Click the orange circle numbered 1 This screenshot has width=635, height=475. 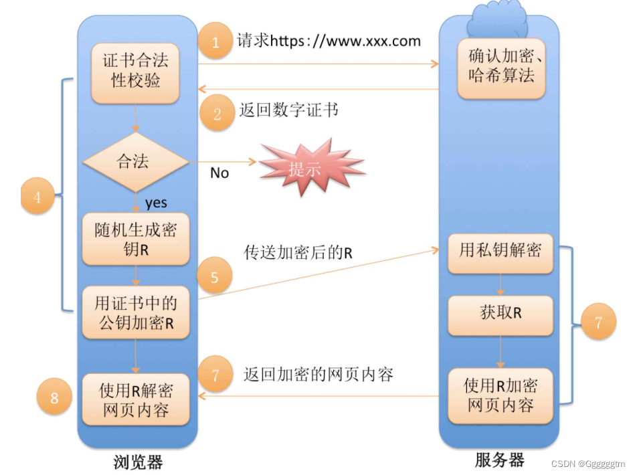pos(215,42)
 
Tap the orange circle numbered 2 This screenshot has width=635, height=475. pos(216,113)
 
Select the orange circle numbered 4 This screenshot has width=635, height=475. pos(37,198)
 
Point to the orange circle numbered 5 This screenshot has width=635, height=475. pos(215,277)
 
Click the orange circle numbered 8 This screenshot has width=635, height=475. pos(54,399)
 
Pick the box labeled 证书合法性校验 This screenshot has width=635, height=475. pos(135,71)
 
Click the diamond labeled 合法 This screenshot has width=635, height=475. pos(134,161)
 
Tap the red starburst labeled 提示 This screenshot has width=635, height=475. pos(304,169)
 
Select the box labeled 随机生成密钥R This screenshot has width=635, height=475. pos(135,239)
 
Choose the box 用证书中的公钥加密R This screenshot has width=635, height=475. pos(135,313)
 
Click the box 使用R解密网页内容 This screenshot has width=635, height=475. pos(135,399)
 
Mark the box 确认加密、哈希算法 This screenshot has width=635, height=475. pos(501,66)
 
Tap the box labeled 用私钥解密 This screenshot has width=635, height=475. pos(501,251)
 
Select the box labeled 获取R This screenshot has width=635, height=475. pos(501,313)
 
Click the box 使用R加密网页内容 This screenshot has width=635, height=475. pos(501,395)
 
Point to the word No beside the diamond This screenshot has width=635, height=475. pos(219,173)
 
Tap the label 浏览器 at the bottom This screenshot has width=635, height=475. pos(138,462)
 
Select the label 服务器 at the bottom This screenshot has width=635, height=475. pos(499,460)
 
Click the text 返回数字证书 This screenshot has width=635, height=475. pos(289,110)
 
